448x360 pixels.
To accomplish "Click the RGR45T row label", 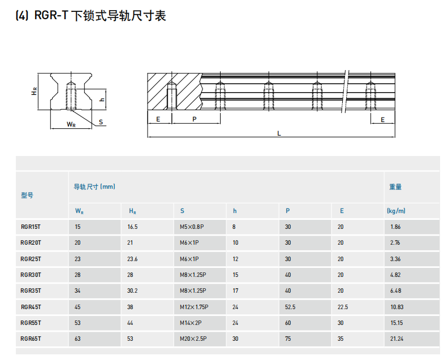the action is pos(31,307).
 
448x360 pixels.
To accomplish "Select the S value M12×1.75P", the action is pos(194,307).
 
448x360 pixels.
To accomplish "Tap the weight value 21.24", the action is pos(397,339).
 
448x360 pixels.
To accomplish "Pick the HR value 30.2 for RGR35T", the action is pos(132,290).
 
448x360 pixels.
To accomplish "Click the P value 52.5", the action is pos(290,307).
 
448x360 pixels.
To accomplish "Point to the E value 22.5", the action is pos(343,307).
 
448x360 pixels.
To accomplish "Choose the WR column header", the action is pos(79,211).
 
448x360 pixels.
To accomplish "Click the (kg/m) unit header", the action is pos(396,211).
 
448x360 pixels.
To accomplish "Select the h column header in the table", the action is pos(235,211).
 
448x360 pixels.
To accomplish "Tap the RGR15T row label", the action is pos(31,227).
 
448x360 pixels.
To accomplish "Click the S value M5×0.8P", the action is pos(192,227).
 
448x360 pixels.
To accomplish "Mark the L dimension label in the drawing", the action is pos(279,133).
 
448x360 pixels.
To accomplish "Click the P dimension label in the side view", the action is pos(195,119).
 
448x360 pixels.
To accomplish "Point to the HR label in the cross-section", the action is pos(34,92).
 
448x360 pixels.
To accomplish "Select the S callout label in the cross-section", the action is pos(101,122).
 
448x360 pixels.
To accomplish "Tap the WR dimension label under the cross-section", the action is pos(71,124).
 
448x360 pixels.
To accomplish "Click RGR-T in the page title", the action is pos(51,15).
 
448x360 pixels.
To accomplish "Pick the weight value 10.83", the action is pos(397,307).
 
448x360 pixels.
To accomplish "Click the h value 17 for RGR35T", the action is pos(235,290).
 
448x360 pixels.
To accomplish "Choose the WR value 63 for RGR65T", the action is pos(77,339).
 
